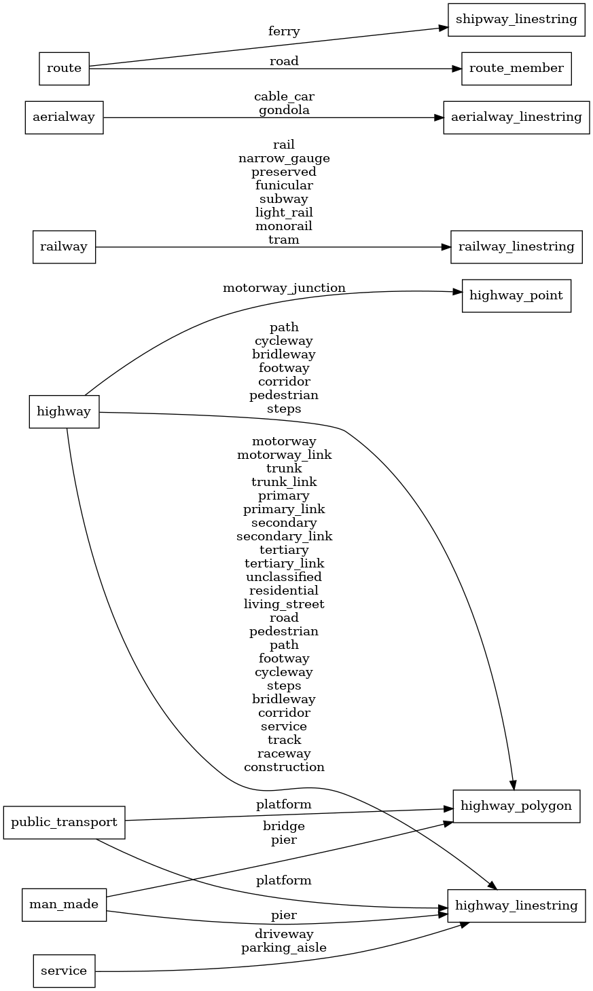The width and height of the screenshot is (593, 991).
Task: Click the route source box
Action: (64, 68)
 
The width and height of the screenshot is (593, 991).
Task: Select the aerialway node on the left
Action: (64, 117)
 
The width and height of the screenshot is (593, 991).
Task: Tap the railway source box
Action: (64, 246)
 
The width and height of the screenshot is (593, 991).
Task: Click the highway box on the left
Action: (64, 411)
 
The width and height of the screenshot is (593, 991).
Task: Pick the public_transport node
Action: (64, 822)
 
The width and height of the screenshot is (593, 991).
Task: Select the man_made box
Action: (64, 904)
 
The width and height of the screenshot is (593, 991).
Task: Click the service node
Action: (64, 971)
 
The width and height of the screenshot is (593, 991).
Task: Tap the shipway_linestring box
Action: (516, 19)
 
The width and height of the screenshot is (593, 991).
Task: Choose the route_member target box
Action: (516, 68)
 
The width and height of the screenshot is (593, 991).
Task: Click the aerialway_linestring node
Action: (516, 117)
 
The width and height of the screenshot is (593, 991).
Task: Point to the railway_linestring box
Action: (516, 246)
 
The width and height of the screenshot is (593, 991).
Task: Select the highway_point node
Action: (516, 296)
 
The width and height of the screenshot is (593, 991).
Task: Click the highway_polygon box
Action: (516, 806)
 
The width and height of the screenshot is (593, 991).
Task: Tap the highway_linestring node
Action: (516, 905)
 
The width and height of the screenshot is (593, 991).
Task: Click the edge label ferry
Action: (284, 31)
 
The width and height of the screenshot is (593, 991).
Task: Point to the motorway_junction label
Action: (284, 288)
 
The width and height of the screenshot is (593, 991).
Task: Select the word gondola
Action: (284, 110)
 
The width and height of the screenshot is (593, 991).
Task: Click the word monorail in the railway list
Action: (284, 226)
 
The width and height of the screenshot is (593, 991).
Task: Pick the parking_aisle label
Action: (284, 948)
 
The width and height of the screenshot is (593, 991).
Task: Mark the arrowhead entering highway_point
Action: (458, 292)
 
